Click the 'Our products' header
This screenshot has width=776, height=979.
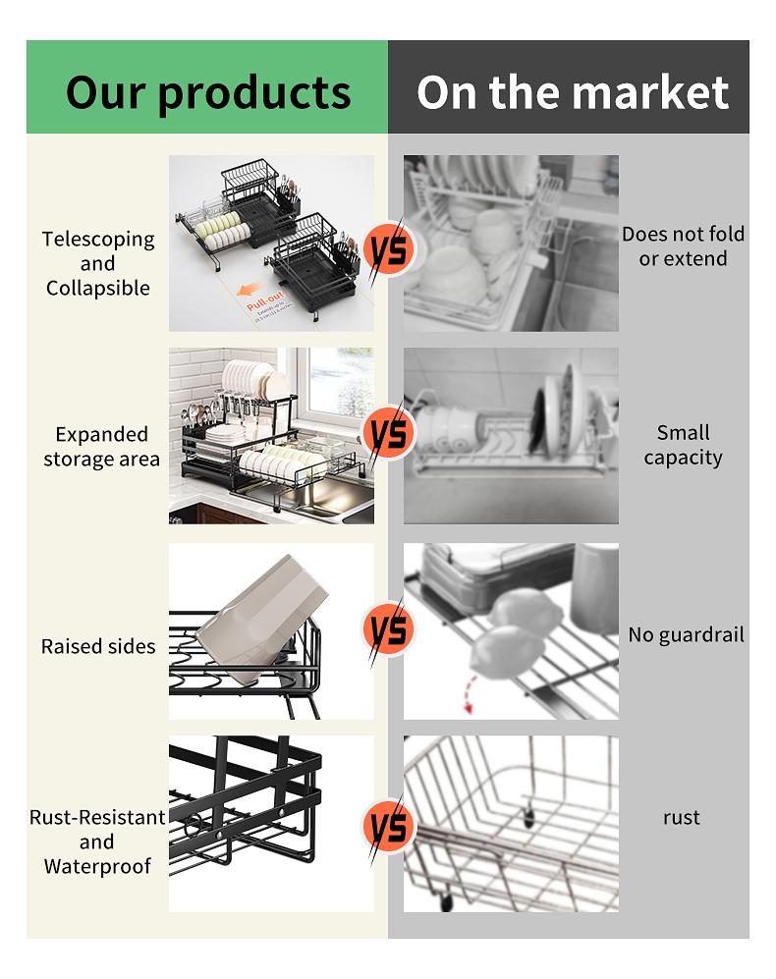tap(207, 91)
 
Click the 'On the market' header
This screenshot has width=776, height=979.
tap(572, 91)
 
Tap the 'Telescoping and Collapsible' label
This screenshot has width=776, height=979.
tap(98, 263)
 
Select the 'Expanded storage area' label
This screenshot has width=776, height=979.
tap(101, 447)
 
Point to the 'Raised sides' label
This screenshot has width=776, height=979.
tap(98, 646)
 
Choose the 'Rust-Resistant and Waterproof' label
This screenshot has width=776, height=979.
tap(97, 842)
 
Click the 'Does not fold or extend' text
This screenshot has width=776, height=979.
tap(683, 246)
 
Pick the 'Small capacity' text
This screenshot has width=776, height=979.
tap(683, 445)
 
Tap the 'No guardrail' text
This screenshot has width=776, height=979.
tap(686, 634)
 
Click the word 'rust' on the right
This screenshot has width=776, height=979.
tap(681, 817)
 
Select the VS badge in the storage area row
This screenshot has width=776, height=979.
tap(388, 433)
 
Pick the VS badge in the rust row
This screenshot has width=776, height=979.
tap(388, 826)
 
